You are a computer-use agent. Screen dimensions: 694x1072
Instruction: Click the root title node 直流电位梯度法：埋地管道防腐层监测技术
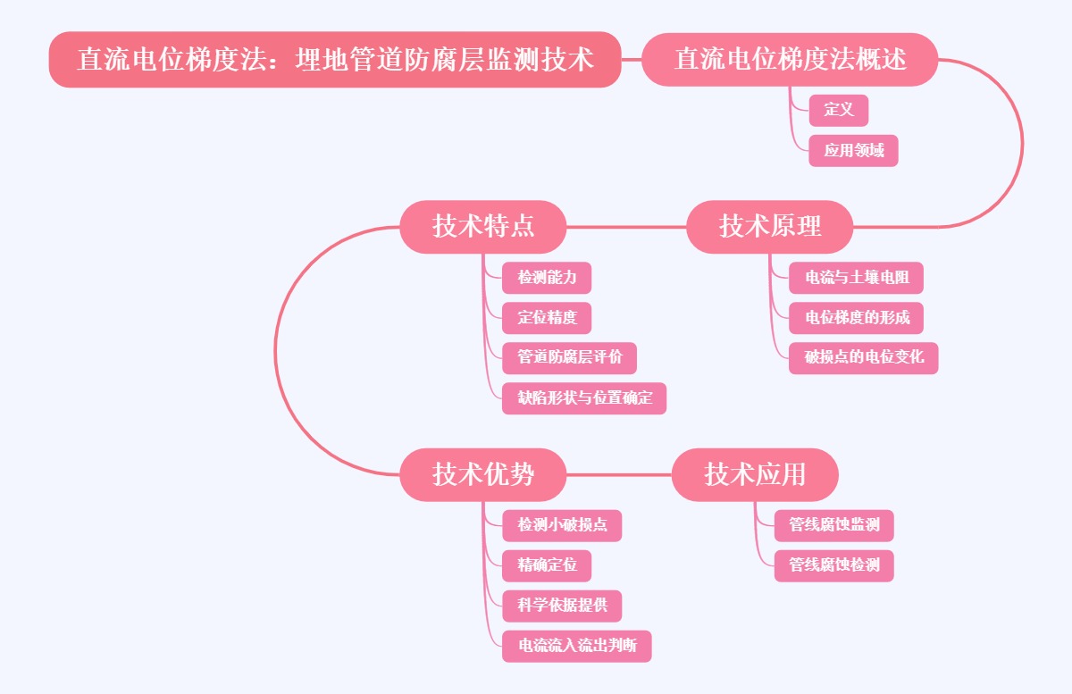[x=335, y=60]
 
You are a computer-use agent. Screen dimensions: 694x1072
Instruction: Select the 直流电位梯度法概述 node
[x=790, y=60]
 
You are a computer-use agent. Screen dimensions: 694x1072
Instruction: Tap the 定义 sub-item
[x=839, y=110]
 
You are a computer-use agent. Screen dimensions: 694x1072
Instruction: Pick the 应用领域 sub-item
[x=853, y=150]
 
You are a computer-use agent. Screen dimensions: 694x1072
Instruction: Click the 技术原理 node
[x=770, y=226]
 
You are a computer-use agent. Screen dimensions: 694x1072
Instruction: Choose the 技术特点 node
[x=483, y=226]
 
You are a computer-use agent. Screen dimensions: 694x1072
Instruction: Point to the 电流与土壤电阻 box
[x=856, y=278]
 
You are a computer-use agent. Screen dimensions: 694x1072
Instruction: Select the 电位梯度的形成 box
[x=856, y=318]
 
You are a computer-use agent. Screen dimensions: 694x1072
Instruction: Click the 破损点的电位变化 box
[x=863, y=357]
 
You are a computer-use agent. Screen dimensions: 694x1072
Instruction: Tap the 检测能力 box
[x=547, y=278]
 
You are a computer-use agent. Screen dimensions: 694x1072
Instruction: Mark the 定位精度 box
[x=547, y=318]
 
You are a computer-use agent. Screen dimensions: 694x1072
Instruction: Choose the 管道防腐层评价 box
[x=569, y=357]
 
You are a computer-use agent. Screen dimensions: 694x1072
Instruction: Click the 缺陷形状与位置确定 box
[x=584, y=397]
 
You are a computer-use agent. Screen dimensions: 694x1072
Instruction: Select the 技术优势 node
[x=483, y=474]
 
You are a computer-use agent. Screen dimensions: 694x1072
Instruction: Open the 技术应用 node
[x=755, y=474]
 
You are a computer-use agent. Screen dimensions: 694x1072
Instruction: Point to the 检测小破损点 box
[x=562, y=525]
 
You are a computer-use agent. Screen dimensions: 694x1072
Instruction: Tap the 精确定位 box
[x=547, y=565]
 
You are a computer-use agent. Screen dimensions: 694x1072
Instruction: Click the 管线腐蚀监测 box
[x=833, y=525]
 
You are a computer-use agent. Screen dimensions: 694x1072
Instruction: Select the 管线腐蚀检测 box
[x=833, y=565]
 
